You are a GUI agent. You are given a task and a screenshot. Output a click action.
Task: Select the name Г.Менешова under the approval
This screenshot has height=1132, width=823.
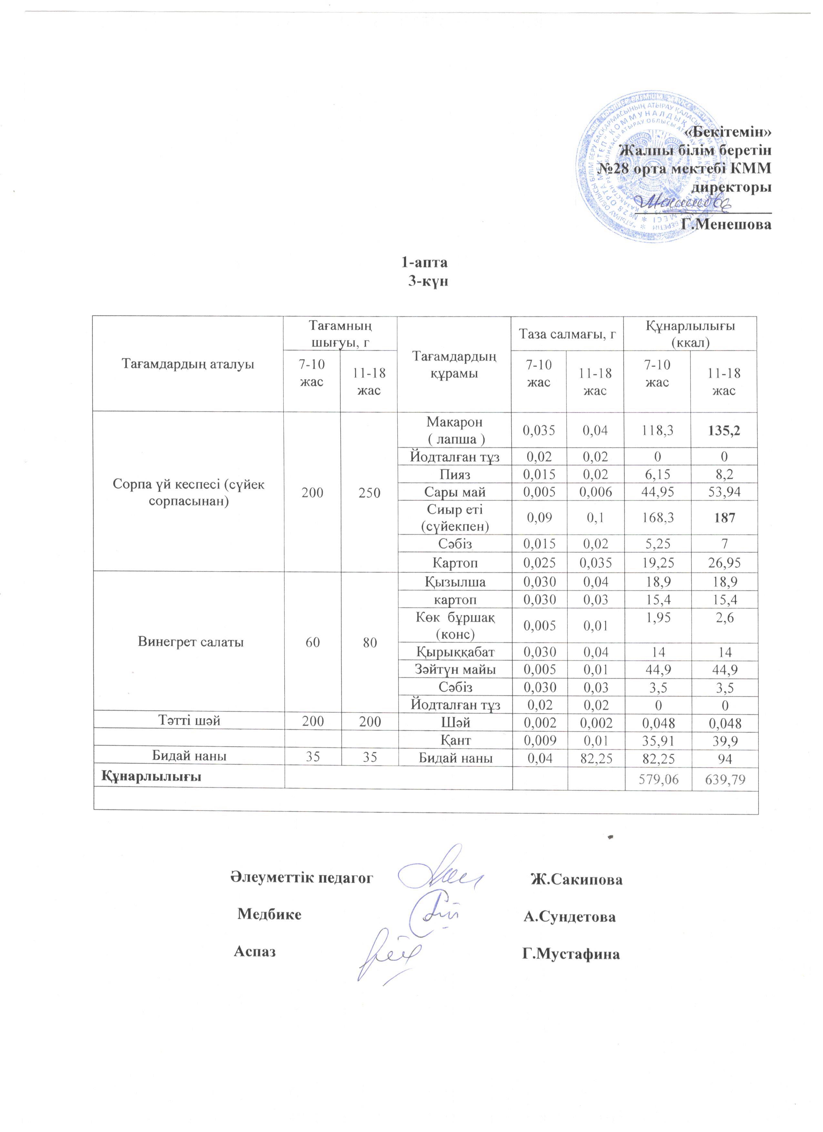[726, 224]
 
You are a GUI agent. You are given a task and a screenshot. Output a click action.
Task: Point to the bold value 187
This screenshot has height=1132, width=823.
[724, 518]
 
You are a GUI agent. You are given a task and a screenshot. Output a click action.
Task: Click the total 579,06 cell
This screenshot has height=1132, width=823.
[658, 779]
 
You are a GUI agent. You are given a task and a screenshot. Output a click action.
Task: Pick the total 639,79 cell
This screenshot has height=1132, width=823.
[724, 779]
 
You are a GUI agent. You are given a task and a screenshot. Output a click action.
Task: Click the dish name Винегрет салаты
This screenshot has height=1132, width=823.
[191, 642]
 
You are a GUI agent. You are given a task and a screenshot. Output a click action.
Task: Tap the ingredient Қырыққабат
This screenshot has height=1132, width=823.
[455, 651]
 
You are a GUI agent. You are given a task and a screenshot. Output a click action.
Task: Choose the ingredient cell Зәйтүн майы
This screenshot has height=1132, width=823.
[455, 669]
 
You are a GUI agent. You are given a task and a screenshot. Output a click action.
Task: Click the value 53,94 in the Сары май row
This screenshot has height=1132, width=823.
[724, 492]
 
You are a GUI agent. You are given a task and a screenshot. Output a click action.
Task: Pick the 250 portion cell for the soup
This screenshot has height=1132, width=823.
[369, 493]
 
